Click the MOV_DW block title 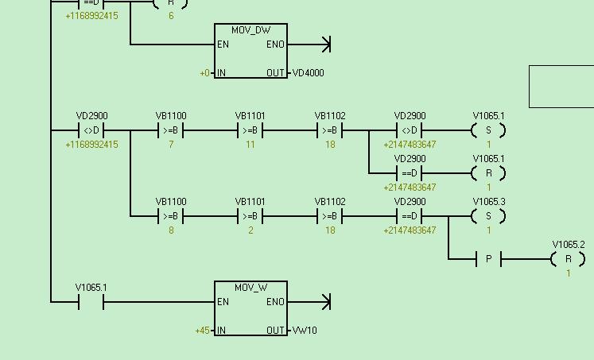250,30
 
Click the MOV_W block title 250,288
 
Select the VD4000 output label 308,73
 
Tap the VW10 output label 304,331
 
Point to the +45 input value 203,331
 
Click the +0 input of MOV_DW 205,73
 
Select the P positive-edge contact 488,259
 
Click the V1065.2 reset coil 568,259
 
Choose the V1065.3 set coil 488,216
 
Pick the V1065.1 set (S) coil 488,130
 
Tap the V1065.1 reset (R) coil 488,173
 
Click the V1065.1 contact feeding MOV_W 91,302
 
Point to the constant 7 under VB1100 171,145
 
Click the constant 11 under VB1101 250,145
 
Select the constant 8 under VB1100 171,230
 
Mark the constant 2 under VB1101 250,230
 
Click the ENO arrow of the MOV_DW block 324,45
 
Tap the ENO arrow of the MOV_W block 324,302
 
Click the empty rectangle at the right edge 561,87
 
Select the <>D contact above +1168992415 91,130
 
